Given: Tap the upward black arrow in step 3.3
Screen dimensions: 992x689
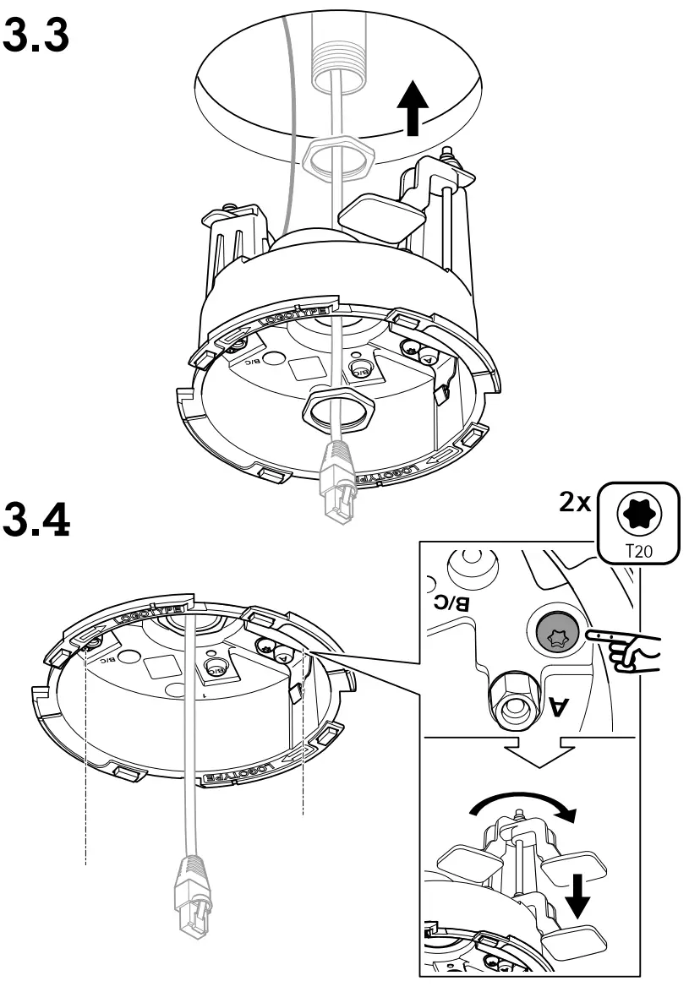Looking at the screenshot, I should [x=411, y=108].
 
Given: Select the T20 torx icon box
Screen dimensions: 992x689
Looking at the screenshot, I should [x=639, y=523].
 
